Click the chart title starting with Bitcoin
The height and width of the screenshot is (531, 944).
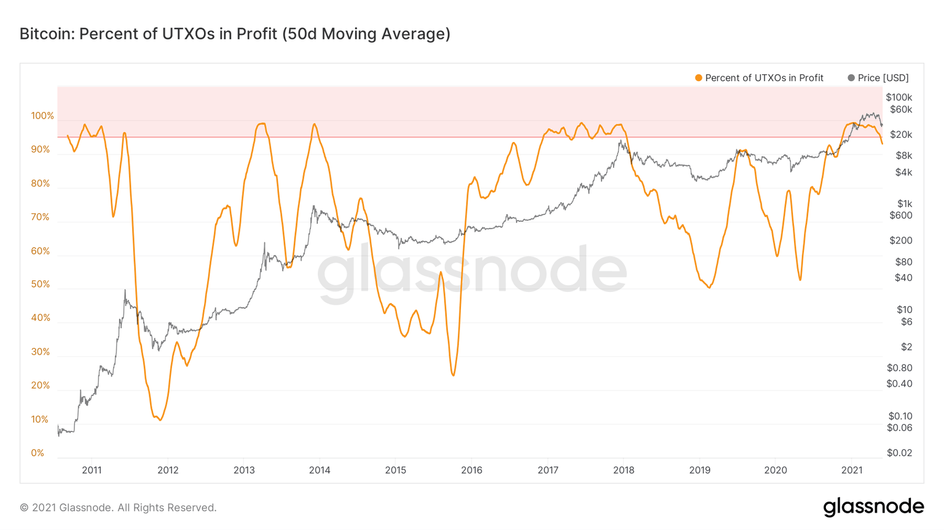pos(235,34)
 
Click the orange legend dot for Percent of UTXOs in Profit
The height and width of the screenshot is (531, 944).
pos(698,78)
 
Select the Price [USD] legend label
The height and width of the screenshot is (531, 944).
pos(883,78)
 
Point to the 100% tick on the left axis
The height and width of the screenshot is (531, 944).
pos(42,116)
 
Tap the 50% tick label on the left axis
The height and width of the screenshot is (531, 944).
pos(41,285)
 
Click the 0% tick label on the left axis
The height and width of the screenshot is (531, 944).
pos(37,453)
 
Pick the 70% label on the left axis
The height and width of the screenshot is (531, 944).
pos(41,217)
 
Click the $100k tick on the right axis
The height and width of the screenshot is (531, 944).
pos(899,97)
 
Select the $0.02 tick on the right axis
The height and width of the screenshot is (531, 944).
pos(899,453)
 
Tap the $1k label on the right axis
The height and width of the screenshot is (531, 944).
pos(904,203)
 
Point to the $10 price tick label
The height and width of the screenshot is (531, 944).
pos(904,310)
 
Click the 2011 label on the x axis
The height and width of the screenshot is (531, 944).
pos(92,470)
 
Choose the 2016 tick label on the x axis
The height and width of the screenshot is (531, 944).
pos(471,470)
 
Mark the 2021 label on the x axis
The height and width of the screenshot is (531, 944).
pos(851,470)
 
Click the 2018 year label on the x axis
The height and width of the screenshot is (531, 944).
pos(623,470)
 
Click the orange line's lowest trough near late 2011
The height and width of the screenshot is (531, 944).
pos(160,420)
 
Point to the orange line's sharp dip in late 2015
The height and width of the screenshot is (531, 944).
pos(454,375)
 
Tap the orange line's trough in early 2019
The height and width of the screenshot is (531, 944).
pos(709,288)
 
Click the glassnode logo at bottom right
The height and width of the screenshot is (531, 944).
pos(873,507)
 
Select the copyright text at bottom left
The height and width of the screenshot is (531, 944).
pos(118,508)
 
